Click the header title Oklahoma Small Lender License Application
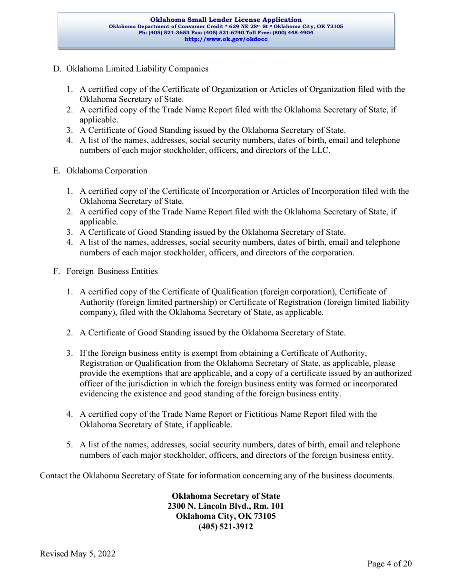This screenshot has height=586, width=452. pyautogui.click(x=226, y=20)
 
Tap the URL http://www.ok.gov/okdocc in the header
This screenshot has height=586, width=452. pyautogui.click(x=226, y=40)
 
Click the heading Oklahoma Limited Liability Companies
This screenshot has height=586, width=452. pyautogui.click(x=137, y=69)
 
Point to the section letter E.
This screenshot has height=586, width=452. pyautogui.click(x=56, y=171)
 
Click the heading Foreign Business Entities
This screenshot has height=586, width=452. pyautogui.click(x=112, y=272)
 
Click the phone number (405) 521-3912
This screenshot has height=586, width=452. pyautogui.click(x=226, y=527)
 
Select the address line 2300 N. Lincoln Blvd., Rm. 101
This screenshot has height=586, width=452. pyautogui.click(x=226, y=506)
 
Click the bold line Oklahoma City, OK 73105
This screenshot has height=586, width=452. pyautogui.click(x=226, y=516)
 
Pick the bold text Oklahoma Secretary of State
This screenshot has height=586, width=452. pyautogui.click(x=226, y=496)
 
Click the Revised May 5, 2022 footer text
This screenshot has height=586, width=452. pyautogui.click(x=78, y=554)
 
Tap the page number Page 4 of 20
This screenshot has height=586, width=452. pyautogui.click(x=389, y=564)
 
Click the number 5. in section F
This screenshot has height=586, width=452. pyautogui.click(x=69, y=445)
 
